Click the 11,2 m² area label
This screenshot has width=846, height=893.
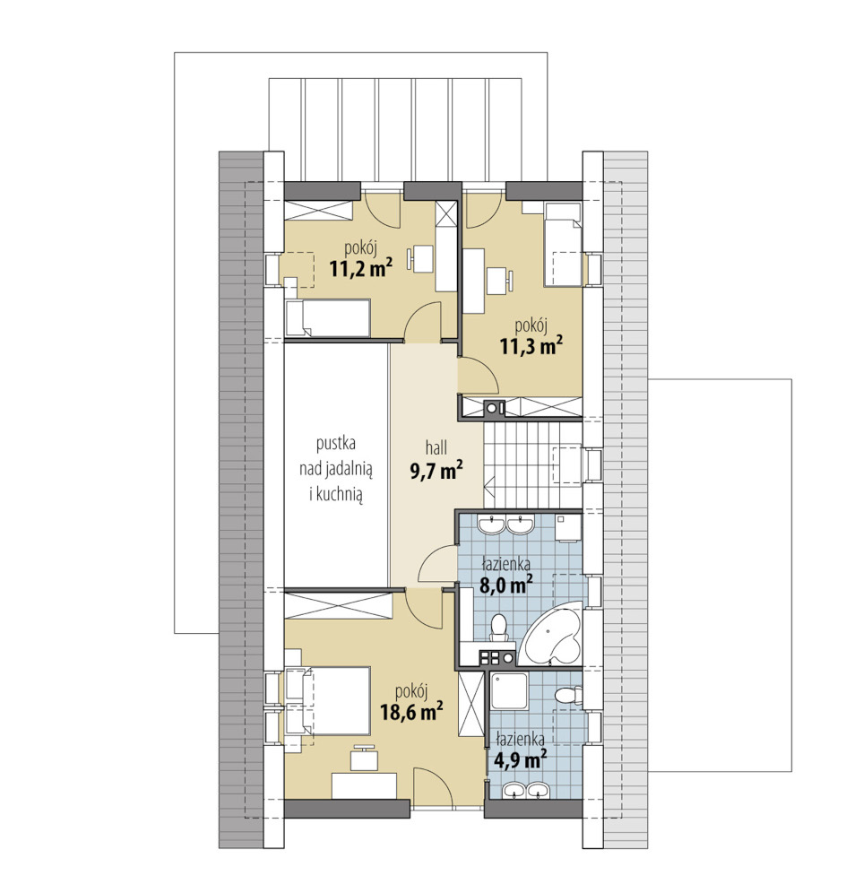[x=361, y=267]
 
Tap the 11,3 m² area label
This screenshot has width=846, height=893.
[x=531, y=345]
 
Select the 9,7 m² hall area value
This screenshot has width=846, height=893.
[x=436, y=470]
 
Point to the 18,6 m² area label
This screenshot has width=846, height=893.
[x=411, y=711]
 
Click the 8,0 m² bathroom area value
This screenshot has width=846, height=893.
[x=506, y=585]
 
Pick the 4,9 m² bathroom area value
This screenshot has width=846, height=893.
[x=521, y=759]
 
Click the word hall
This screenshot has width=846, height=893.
[x=436, y=447]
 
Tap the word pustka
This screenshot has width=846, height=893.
[x=336, y=444]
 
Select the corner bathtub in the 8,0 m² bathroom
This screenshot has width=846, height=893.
[x=552, y=637]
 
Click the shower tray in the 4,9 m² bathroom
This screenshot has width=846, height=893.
[x=509, y=690]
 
